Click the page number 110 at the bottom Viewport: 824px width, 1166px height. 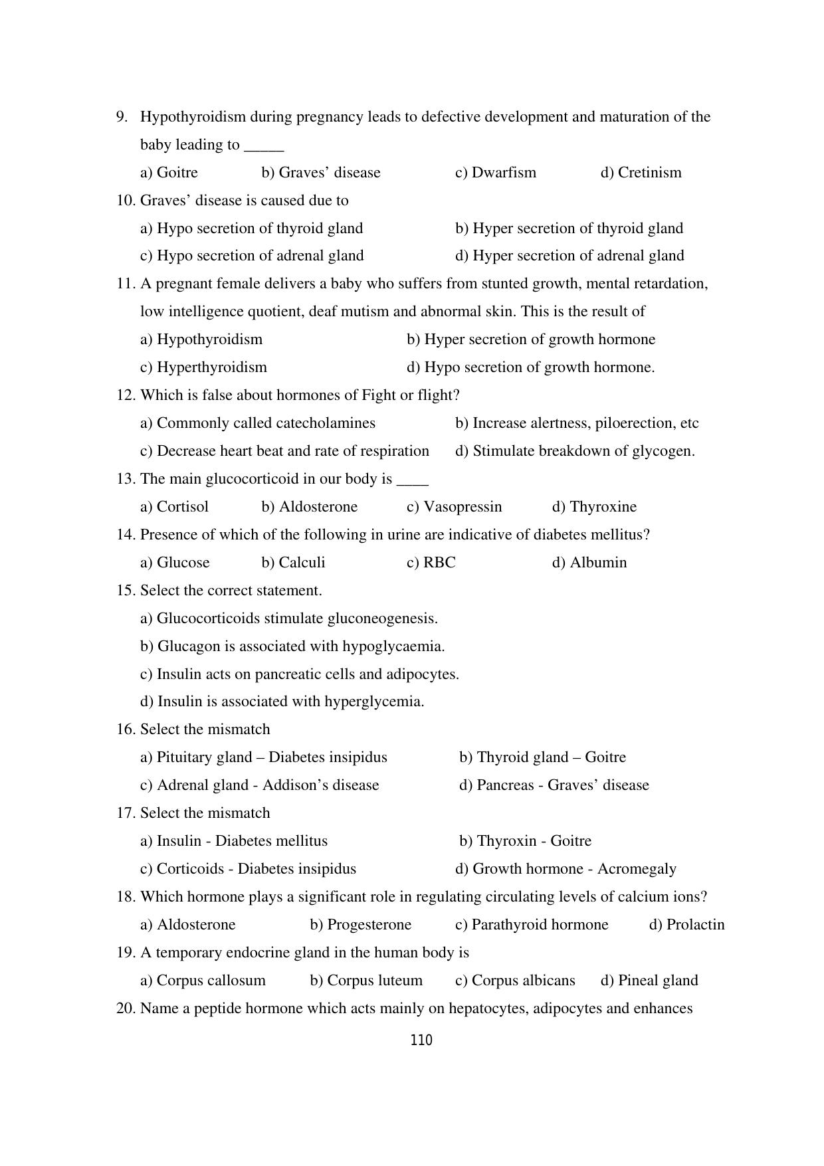(421, 1040)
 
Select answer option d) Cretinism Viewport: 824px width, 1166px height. (641, 173)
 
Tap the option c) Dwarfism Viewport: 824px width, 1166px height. (495, 173)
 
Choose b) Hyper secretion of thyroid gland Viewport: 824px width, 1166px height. (569, 229)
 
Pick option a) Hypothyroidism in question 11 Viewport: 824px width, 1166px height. (201, 340)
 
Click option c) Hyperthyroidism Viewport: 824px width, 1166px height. (203, 367)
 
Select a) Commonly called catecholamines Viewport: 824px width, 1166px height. (258, 423)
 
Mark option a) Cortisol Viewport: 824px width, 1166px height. (174, 507)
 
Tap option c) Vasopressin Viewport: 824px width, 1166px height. (454, 507)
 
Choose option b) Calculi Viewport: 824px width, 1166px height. (293, 563)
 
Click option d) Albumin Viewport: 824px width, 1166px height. (589, 563)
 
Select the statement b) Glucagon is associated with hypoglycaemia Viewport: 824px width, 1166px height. (292, 646)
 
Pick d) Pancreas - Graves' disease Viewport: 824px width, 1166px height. (554, 785)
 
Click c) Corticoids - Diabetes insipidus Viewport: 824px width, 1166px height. (248, 869)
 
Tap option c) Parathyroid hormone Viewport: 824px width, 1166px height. (531, 925)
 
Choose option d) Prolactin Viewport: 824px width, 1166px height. (686, 925)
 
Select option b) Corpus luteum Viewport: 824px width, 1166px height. (365, 981)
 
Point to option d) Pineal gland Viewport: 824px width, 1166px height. (649, 981)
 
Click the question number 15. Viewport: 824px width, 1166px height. (126, 591)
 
